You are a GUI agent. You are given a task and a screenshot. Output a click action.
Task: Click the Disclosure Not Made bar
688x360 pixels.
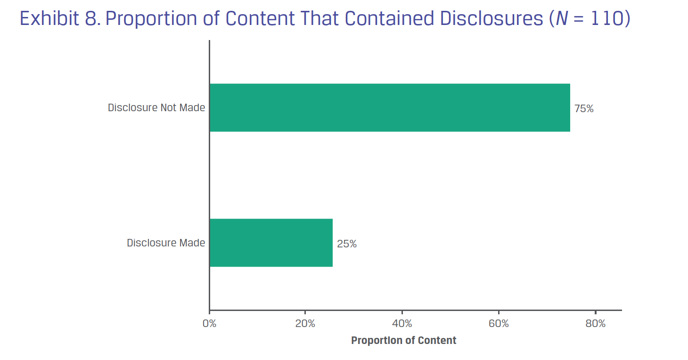[x=389, y=107]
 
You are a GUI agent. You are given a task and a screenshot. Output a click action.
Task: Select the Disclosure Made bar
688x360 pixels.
[x=271, y=243]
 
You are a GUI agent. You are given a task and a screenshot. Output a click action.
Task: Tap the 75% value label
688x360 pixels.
[x=584, y=109]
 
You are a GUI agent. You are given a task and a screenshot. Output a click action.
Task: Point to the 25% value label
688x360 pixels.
[x=347, y=244]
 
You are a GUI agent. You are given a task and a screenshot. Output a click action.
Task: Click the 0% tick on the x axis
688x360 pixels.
[x=209, y=324]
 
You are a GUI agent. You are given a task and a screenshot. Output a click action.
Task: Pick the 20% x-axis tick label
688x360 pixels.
[x=305, y=324]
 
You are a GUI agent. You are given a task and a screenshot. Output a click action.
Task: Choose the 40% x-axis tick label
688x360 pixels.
[x=402, y=324]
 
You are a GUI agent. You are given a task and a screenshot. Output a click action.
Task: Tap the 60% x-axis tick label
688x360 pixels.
[x=499, y=324]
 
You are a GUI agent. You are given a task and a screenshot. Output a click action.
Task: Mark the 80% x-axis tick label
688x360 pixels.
[x=595, y=324]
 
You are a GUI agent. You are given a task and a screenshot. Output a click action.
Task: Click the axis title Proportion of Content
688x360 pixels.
[x=403, y=340]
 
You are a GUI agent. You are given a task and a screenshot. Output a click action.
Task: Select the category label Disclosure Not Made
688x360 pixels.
[x=156, y=107]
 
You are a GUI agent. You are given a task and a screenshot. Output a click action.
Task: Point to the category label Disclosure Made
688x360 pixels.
[x=166, y=243]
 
